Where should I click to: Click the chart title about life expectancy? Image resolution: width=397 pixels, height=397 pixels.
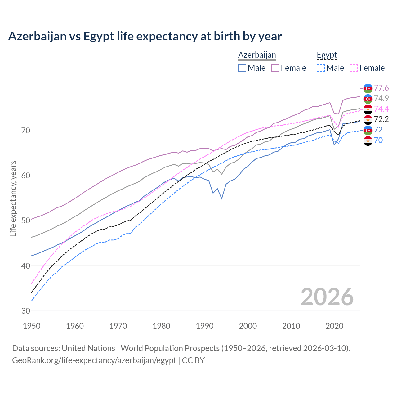click(145, 36)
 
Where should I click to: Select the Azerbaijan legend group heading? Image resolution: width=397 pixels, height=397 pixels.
click(257, 55)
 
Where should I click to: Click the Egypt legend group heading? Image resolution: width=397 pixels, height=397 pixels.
click(327, 55)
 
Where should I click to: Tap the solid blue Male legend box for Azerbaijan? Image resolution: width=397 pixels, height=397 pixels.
click(242, 68)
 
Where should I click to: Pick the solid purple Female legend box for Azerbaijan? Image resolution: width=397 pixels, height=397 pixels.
click(275, 68)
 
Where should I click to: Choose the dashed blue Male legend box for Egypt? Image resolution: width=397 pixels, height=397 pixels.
click(321, 68)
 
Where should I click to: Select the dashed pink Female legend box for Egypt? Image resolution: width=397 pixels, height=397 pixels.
click(354, 68)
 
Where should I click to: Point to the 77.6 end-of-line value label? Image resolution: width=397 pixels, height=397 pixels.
click(381, 88)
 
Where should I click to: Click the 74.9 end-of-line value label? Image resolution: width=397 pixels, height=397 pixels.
click(381, 98)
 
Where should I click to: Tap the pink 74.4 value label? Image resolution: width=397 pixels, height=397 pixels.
click(381, 109)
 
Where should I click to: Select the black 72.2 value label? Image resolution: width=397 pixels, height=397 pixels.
click(381, 119)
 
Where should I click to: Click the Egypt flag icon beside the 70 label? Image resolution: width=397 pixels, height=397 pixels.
click(368, 141)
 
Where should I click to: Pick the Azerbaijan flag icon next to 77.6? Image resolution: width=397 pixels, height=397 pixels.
click(368, 88)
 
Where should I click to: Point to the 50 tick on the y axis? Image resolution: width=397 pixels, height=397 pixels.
click(26, 221)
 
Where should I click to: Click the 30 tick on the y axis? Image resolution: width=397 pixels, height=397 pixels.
click(26, 311)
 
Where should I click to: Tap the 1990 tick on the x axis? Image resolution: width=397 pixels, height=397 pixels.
click(205, 326)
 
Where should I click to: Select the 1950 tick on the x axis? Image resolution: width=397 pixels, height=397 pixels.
click(32, 326)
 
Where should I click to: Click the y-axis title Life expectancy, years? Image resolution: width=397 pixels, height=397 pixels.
click(13, 198)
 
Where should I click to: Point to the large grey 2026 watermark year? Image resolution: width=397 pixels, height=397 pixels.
click(327, 297)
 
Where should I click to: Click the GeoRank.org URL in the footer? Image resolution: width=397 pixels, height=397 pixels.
click(94, 360)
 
